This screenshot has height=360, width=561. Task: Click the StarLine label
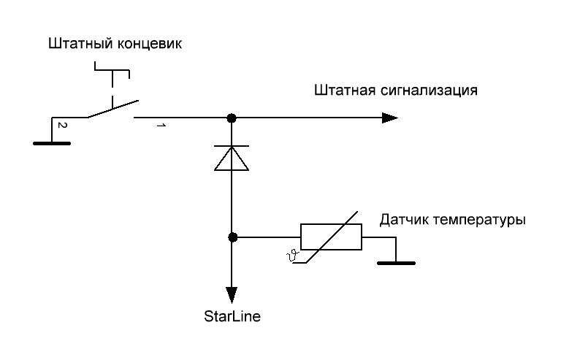(232, 318)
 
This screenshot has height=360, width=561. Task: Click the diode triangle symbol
(232, 159)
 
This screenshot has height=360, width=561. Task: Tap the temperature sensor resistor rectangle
(331, 237)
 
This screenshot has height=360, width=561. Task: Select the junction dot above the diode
(232, 118)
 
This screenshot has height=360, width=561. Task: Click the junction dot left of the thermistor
(232, 237)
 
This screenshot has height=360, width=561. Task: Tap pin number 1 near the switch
(160, 127)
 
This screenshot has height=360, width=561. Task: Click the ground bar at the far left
(52, 143)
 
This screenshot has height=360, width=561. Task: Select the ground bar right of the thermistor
(396, 262)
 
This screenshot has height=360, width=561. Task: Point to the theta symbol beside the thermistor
(294, 255)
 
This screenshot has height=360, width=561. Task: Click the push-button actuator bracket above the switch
(112, 72)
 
